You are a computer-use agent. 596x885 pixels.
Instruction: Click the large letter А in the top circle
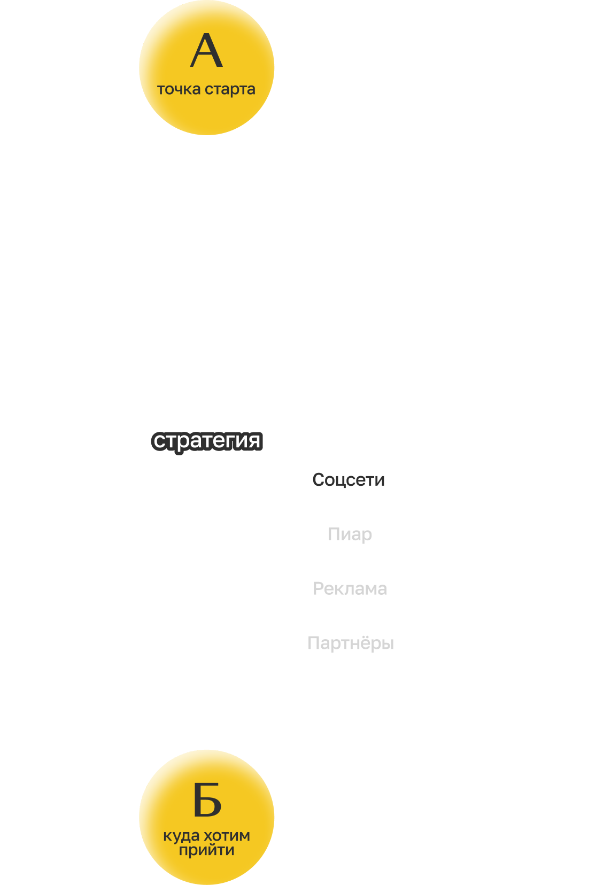coord(206,51)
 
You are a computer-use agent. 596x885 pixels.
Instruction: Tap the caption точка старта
coord(206,89)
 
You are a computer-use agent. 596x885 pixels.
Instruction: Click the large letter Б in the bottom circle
coord(207,800)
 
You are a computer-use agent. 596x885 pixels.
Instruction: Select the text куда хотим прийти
coord(207,843)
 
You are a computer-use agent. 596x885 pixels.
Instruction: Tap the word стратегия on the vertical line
coord(207,440)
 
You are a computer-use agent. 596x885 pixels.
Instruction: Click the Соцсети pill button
coord(349,479)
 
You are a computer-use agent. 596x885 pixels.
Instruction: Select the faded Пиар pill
coord(350,534)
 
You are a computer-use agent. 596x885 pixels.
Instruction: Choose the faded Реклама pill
coord(350,588)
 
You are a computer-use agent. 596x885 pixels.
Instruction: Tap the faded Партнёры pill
coord(350,643)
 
